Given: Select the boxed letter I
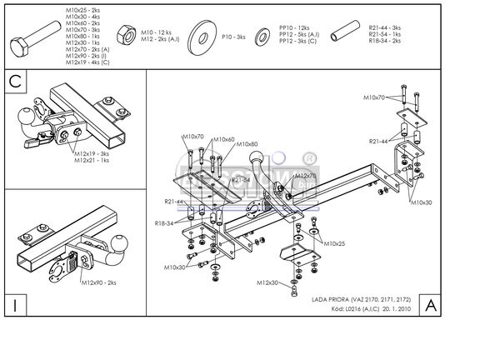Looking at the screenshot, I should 16,305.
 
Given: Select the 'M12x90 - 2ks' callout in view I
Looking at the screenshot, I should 99,283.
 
